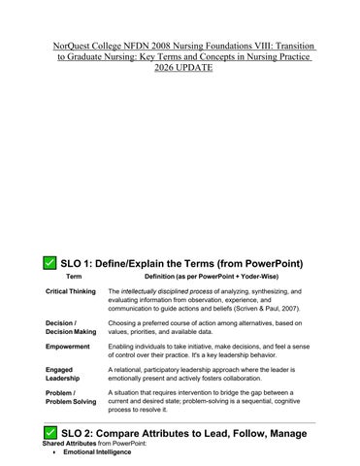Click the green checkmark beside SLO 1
(49, 263)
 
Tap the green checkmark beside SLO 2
(49, 432)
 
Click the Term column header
(74, 277)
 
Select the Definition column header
(206, 277)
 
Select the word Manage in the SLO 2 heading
(288, 432)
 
